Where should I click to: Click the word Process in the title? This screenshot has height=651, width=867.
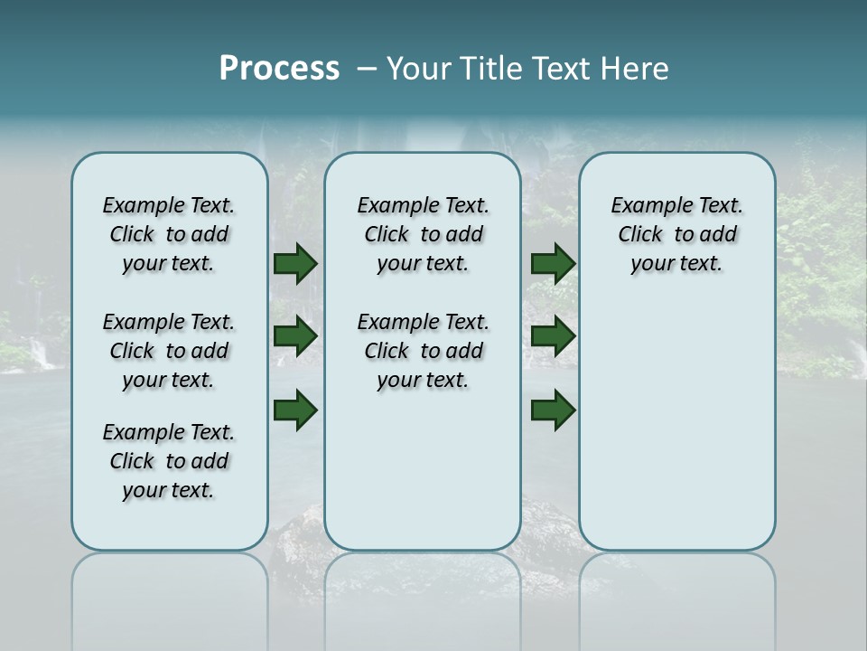coord(279,69)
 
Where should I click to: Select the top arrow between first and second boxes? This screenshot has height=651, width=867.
coord(294,263)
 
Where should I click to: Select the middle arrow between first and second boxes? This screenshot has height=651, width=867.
coord(294,336)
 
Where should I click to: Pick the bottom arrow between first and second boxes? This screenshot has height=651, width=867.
coord(294,410)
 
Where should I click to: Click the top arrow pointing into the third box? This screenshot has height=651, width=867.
coord(553,263)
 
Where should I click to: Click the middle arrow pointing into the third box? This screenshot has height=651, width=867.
coord(553,336)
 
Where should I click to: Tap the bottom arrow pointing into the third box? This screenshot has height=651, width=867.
coord(553,410)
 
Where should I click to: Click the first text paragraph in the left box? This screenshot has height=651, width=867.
coord(169,234)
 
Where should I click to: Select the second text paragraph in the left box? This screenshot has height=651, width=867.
coord(169,351)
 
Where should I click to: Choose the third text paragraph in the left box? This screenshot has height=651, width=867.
coord(169,461)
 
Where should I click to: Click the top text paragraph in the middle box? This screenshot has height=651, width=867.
coord(424,234)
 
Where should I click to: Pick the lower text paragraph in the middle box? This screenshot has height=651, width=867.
coord(424,351)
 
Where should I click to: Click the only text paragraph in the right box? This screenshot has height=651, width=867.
coord(677,234)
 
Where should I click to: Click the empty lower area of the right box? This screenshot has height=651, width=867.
coord(677,434)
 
